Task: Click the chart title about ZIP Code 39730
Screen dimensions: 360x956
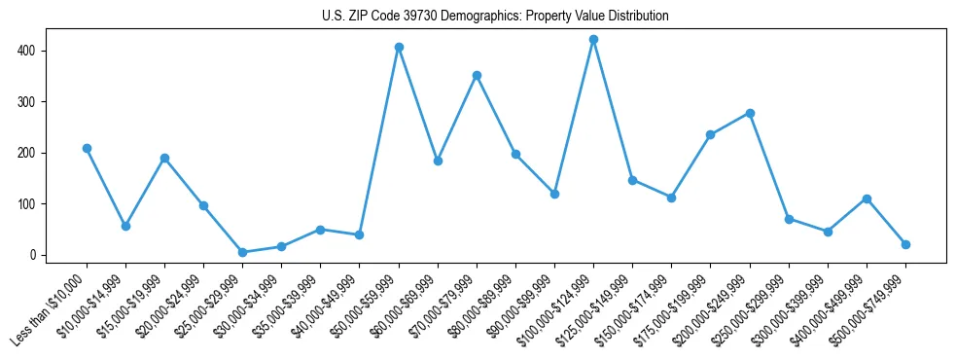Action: click(x=495, y=17)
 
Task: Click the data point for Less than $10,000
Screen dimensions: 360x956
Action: click(x=87, y=148)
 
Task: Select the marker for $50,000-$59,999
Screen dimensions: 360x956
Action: click(x=399, y=47)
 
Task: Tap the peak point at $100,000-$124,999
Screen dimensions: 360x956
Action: click(x=593, y=39)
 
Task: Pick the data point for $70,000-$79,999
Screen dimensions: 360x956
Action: click(x=477, y=75)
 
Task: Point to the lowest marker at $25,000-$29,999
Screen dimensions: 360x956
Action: click(x=242, y=252)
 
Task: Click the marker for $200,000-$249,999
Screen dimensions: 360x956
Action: click(x=750, y=113)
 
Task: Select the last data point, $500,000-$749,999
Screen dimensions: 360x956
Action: click(x=905, y=244)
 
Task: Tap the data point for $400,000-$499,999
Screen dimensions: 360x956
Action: click(x=867, y=198)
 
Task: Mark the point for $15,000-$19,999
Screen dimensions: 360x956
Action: click(x=164, y=158)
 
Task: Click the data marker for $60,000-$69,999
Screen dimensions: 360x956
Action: click(x=438, y=161)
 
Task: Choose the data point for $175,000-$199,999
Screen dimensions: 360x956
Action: click(x=711, y=134)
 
